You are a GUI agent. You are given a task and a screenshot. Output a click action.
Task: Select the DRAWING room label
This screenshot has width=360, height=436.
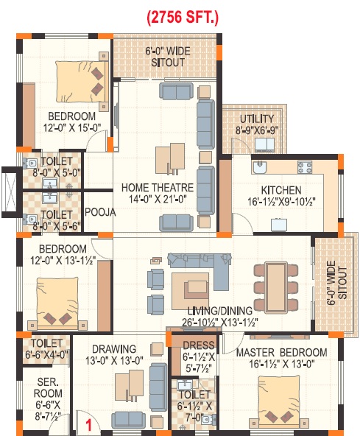(113, 348)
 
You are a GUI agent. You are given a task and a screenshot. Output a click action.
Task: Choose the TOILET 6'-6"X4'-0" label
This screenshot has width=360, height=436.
(46, 348)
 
